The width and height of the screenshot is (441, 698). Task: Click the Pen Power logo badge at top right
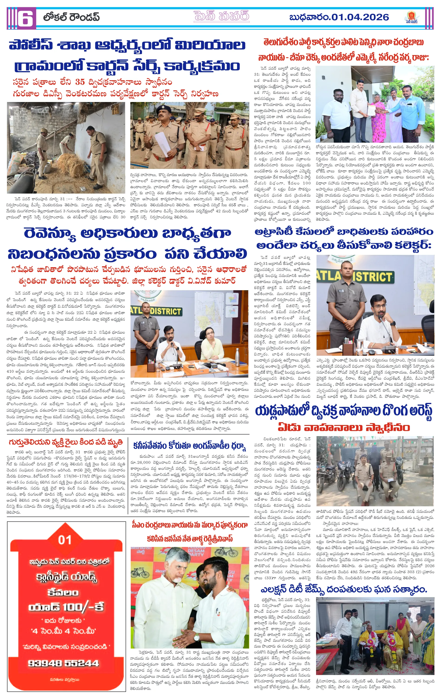pos(412,18)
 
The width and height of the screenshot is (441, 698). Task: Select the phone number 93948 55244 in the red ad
pos(63,663)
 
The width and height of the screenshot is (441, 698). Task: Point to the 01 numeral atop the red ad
pos(64,540)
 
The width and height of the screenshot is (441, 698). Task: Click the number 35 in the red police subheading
pos(80,82)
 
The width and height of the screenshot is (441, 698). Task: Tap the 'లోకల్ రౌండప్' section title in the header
pos(71,18)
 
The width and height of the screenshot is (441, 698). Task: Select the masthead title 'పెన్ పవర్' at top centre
pos(221,17)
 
